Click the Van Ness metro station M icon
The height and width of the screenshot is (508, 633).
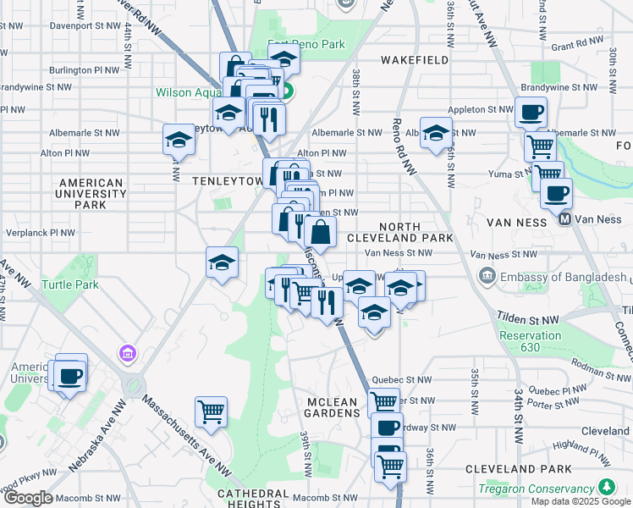point(564,219)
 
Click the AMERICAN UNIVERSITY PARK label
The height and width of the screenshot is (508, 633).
point(93,193)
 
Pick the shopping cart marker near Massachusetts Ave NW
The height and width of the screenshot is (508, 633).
point(210,412)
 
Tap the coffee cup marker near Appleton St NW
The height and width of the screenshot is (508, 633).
point(531,112)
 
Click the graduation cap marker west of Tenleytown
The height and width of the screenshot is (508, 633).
point(179,140)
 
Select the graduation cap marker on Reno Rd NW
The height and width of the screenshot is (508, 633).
point(436,133)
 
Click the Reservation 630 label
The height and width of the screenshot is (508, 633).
point(530,341)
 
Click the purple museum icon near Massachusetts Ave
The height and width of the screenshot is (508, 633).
point(128,351)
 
